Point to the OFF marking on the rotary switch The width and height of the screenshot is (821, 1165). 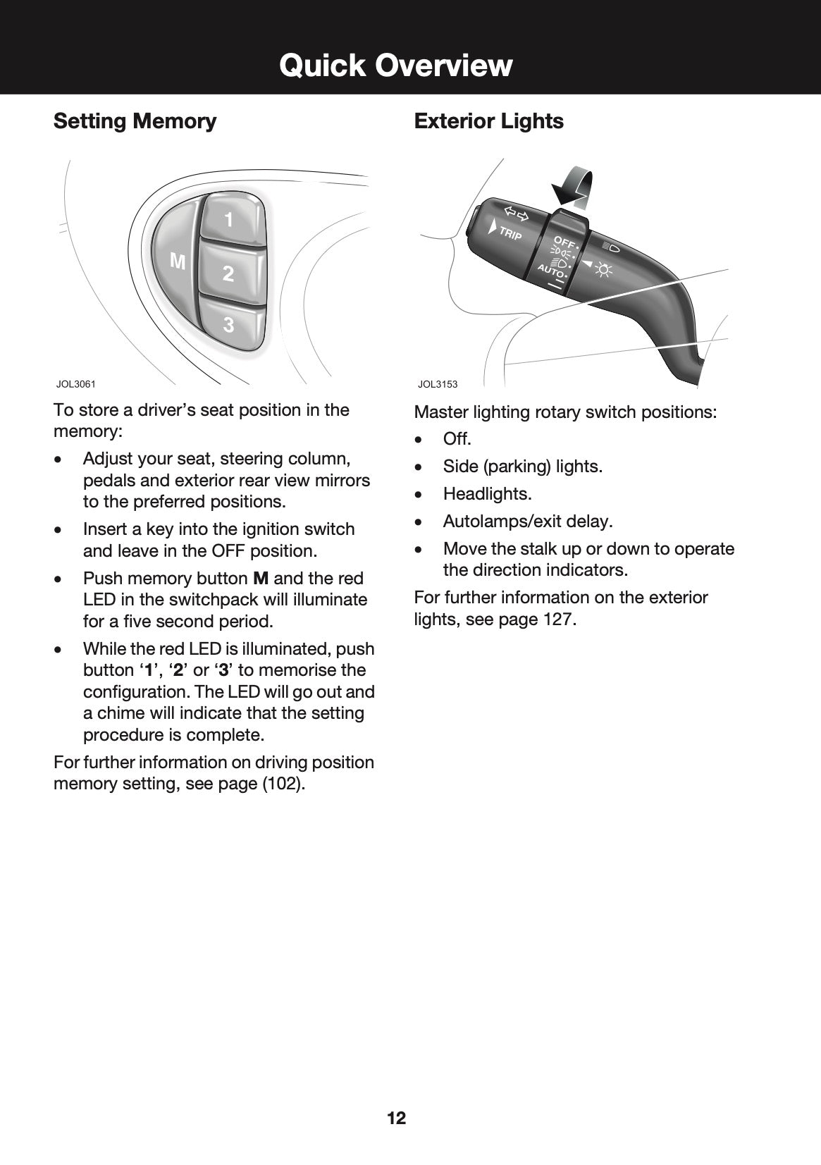564,243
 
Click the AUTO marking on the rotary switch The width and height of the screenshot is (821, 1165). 551,271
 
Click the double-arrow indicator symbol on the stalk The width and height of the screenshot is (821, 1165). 516,214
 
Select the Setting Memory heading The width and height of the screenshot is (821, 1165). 135,121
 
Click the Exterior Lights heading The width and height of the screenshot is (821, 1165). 488,121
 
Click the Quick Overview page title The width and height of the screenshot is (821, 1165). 395,65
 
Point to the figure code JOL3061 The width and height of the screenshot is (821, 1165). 75,384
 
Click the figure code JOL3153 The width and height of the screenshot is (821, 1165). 437,384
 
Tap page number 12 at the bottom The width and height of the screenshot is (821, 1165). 396,1118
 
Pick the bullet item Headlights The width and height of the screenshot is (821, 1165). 487,494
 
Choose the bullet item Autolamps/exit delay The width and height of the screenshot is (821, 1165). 527,522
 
